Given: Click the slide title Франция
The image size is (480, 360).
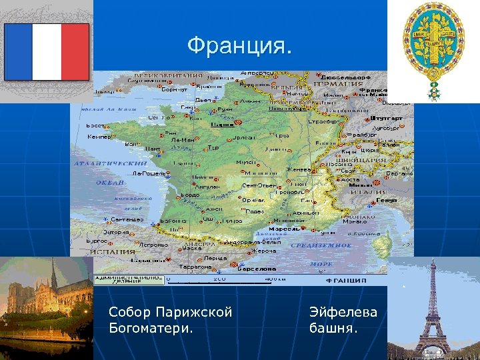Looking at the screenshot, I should pos(239,47).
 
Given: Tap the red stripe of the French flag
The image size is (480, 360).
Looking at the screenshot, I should pos(75,51).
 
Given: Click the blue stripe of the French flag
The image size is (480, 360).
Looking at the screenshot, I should pos(19,51).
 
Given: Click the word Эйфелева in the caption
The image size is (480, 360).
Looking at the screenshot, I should pos(343,312).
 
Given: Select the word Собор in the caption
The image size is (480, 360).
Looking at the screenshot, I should pos(129,312).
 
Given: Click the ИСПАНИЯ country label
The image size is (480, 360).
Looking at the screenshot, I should pos(109,253).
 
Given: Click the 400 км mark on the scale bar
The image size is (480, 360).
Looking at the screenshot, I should pos(272,279).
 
